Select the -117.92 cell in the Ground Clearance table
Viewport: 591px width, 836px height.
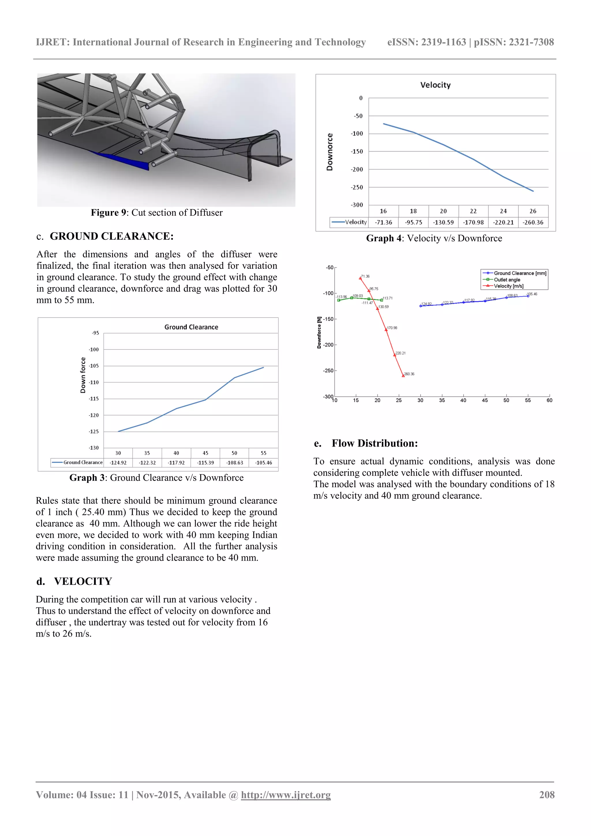[x=176, y=463]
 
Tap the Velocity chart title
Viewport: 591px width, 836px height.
[x=435, y=85]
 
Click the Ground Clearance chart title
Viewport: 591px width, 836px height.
[x=191, y=327]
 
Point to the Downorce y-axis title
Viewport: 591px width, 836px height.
[x=330, y=152]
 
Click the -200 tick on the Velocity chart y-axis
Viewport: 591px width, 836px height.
[x=357, y=169]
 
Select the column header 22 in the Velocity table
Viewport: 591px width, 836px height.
[x=473, y=211]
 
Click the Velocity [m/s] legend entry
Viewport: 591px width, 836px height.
[x=508, y=286]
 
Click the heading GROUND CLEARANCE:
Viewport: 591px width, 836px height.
[x=111, y=236]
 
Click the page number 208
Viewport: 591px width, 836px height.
[x=547, y=795]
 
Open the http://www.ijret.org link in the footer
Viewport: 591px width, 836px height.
[x=286, y=795]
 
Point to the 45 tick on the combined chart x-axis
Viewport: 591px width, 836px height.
[x=485, y=400]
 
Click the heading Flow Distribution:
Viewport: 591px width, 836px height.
[x=375, y=443]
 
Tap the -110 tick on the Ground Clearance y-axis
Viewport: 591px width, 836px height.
[x=93, y=382]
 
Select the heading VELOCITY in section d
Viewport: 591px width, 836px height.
[x=83, y=581]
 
